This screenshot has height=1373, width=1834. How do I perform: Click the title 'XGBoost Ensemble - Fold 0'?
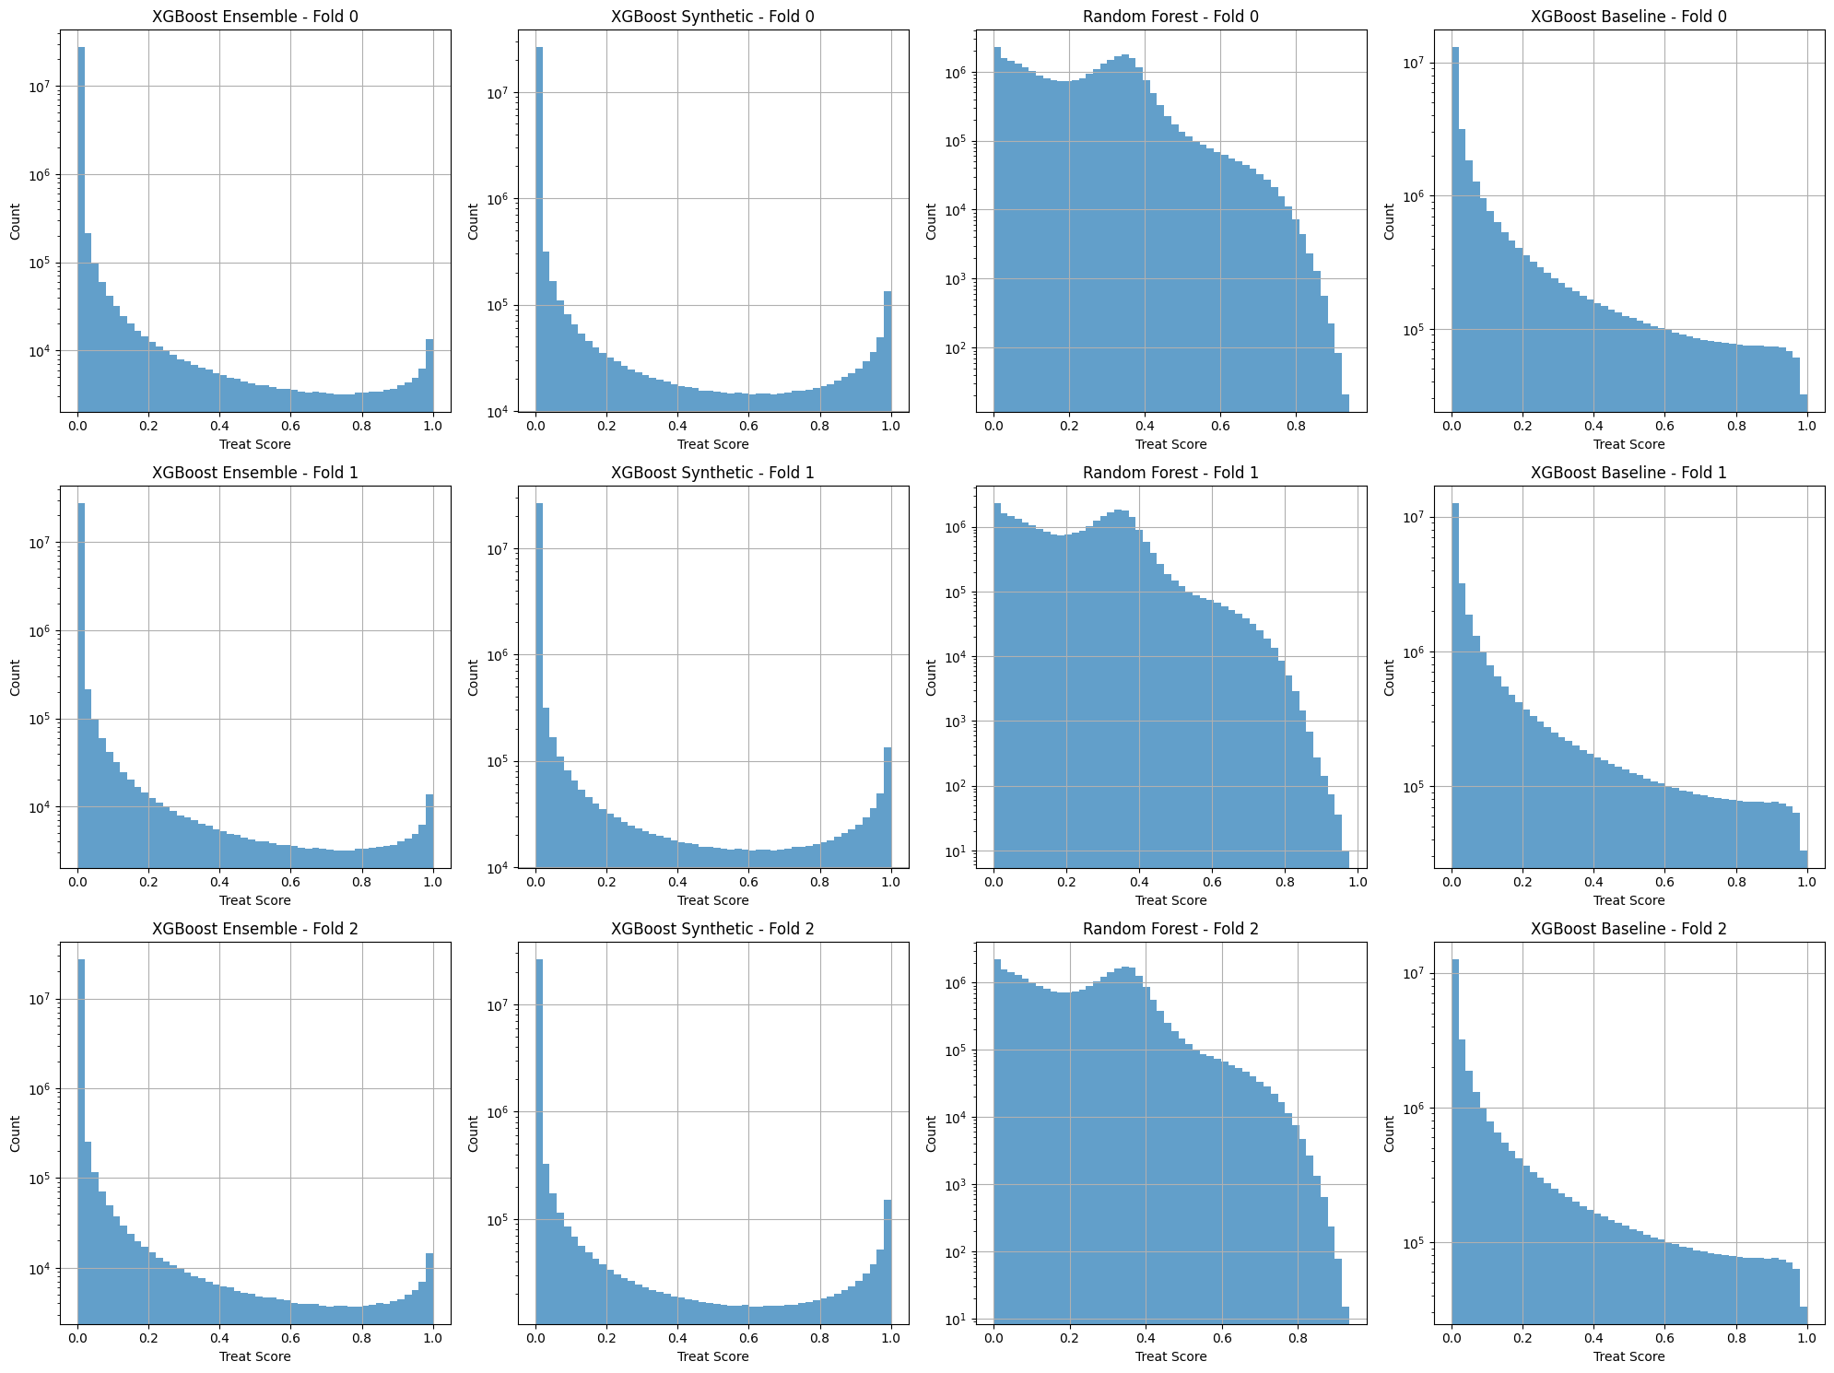pos(255,17)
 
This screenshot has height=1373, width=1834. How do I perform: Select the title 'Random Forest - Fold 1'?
pos(1170,473)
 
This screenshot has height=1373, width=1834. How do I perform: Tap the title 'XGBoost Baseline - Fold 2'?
pos(1628,929)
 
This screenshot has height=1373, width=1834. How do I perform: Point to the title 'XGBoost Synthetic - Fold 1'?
pos(712,473)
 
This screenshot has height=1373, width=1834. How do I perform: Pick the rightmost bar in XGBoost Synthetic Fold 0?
pos(888,351)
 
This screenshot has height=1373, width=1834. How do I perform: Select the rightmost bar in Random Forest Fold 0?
pos(1345,403)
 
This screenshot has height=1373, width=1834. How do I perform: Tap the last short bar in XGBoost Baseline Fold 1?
pos(1804,859)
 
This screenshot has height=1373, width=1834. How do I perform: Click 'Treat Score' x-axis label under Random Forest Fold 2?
pos(1170,1356)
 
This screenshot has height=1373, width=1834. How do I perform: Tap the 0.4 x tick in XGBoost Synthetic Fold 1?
pos(677,883)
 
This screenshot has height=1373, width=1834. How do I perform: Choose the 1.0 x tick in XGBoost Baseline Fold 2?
pos(1807,1339)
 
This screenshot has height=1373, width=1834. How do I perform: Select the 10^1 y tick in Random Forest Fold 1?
pos(959,851)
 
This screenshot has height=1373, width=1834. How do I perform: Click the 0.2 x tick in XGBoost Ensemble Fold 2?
pos(148,1339)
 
